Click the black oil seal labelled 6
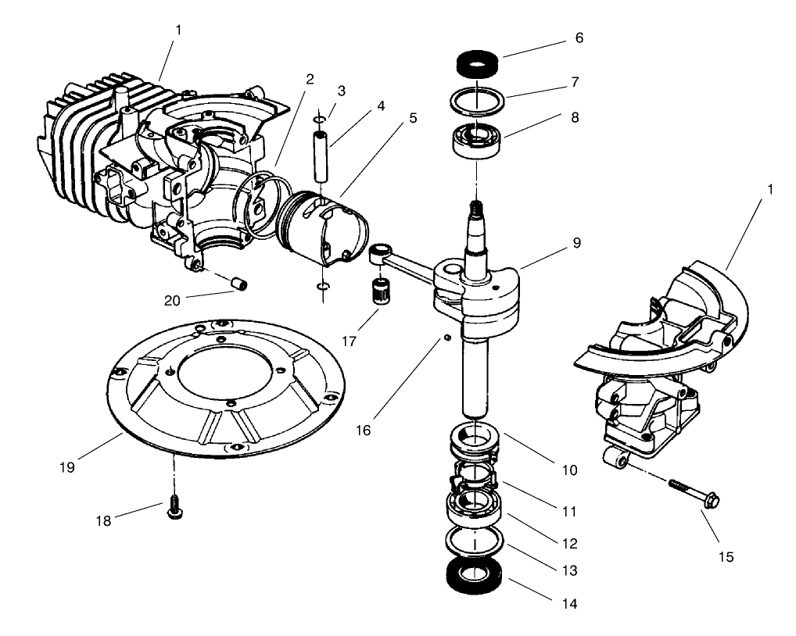(x=477, y=61)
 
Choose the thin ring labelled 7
(x=476, y=102)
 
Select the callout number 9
(x=576, y=242)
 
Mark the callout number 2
(x=310, y=79)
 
